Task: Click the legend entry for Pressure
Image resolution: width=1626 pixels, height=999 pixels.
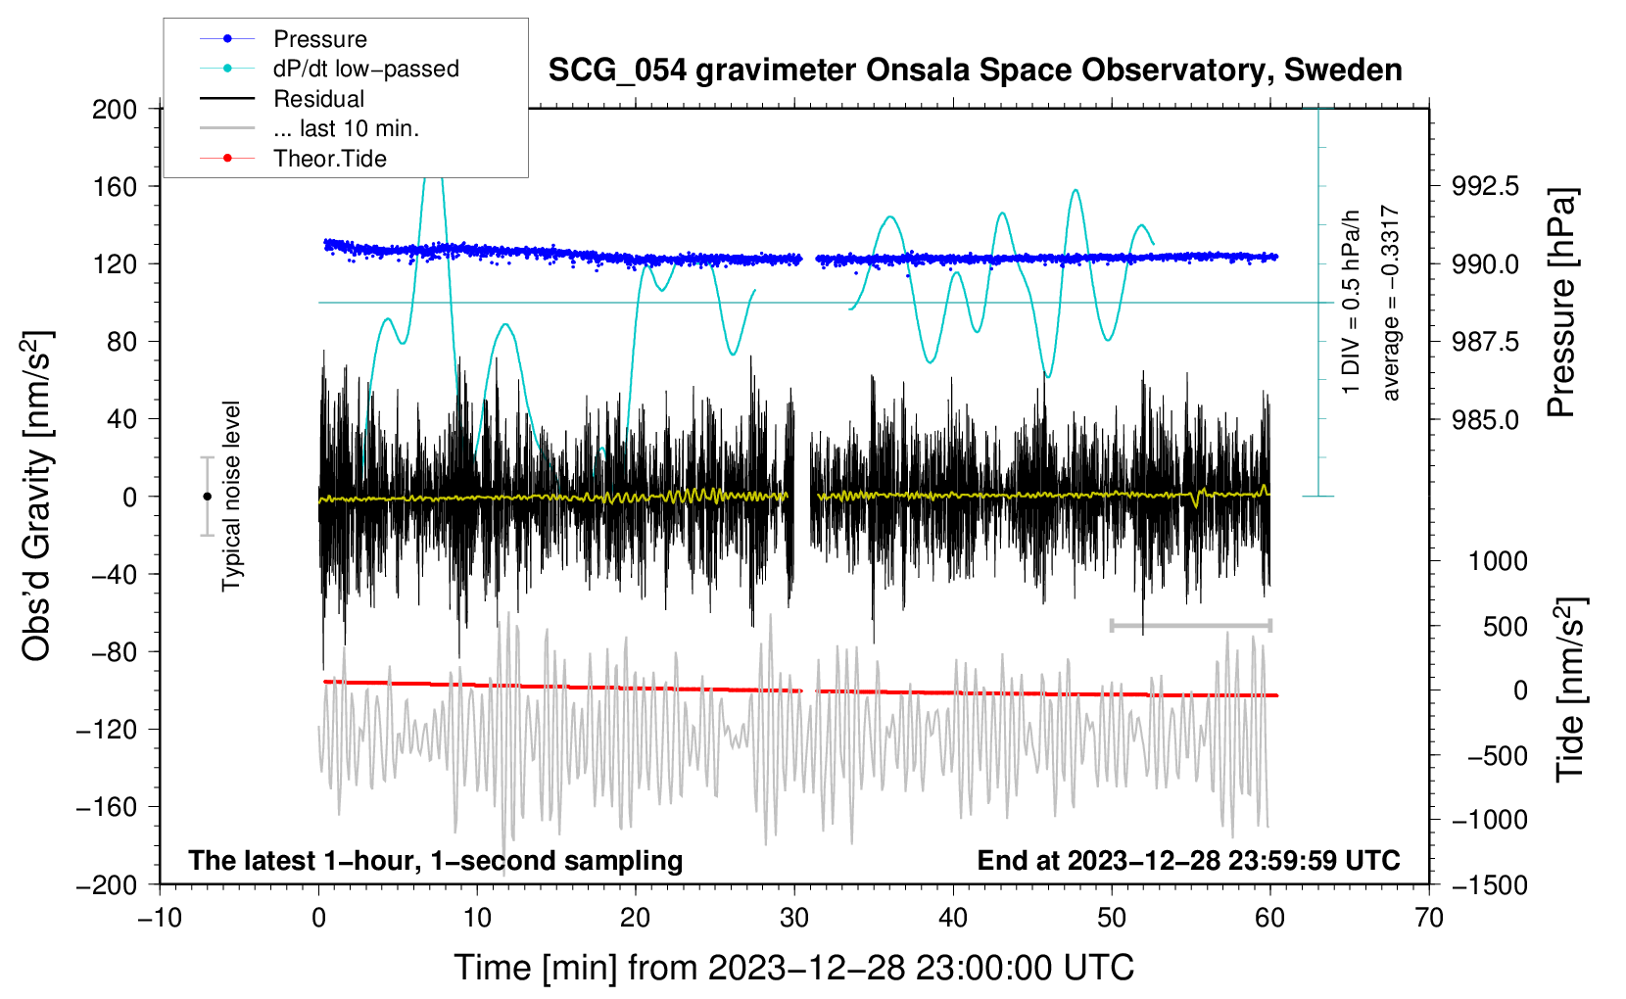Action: [x=283, y=38]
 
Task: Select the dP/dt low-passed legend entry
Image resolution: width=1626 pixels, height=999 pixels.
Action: [x=329, y=69]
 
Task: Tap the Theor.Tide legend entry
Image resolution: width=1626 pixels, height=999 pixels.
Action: [x=293, y=159]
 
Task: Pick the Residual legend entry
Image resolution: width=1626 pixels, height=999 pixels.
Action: [x=282, y=99]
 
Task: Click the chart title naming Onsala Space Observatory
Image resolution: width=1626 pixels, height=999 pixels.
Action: [x=975, y=70]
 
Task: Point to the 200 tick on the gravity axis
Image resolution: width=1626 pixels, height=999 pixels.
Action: [x=115, y=109]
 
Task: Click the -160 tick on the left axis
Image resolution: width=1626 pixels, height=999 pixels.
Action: [x=107, y=807]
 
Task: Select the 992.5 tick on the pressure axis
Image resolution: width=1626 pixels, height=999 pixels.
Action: [x=1485, y=187]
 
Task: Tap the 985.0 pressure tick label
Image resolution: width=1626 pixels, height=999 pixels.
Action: [x=1485, y=419]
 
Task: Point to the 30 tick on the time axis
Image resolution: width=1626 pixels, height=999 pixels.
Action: [x=794, y=918]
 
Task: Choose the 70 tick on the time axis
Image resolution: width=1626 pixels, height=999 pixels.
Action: [x=1428, y=918]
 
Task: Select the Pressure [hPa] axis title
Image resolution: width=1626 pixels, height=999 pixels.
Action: [x=1562, y=303]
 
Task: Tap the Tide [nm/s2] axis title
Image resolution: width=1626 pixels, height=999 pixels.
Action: [x=1571, y=690]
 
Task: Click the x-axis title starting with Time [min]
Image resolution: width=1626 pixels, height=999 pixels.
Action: [x=794, y=968]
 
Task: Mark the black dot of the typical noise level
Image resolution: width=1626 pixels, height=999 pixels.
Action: [x=207, y=497]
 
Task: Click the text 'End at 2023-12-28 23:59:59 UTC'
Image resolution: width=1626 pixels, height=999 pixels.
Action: [x=1188, y=860]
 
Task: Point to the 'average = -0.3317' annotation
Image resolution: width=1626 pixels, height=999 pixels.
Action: [x=1390, y=303]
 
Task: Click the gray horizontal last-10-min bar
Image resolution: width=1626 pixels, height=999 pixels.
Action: [x=1190, y=625]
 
